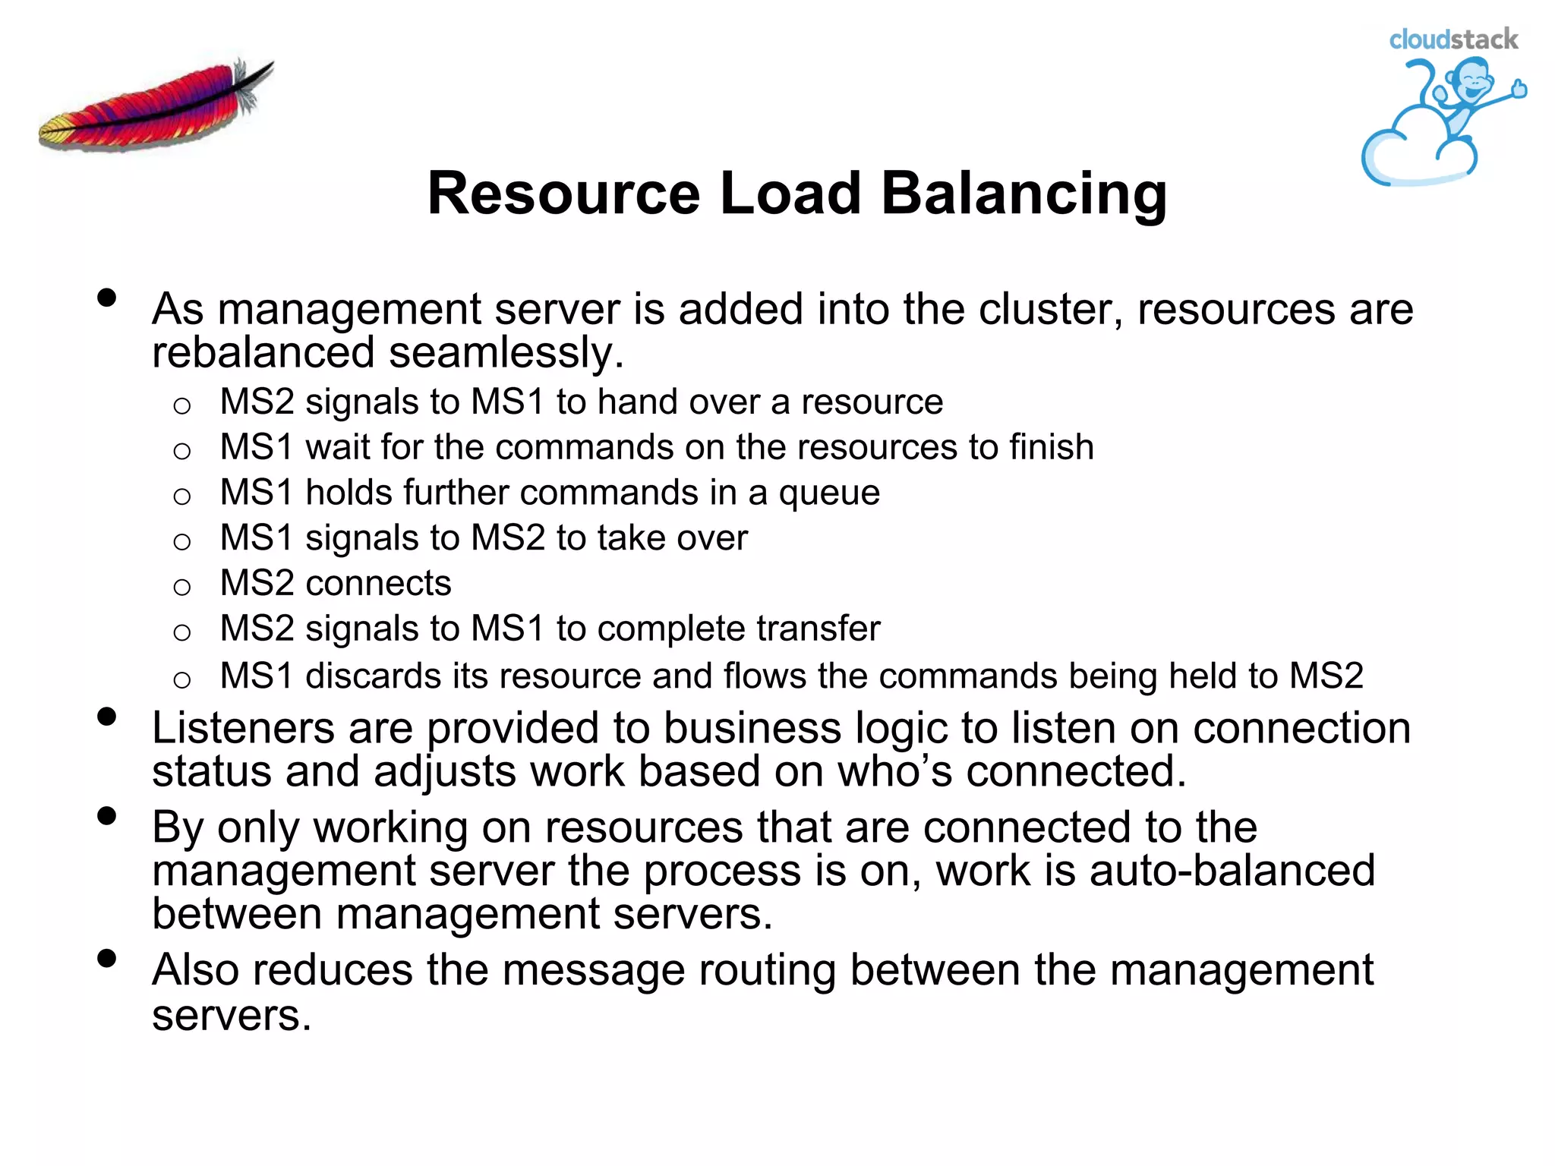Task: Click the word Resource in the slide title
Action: click(562, 194)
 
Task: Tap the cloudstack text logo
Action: click(1452, 39)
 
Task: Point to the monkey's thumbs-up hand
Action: click(1519, 89)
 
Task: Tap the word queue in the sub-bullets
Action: click(829, 493)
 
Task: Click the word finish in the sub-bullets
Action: click(1051, 447)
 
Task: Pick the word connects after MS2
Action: click(378, 584)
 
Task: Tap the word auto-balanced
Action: click(1232, 871)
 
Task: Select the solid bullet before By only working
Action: click(107, 816)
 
